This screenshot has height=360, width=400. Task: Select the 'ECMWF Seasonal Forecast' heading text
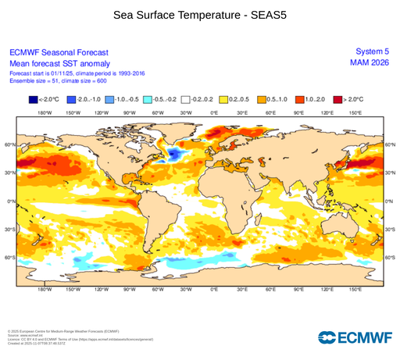point(59,52)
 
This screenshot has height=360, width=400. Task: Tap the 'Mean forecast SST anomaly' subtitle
point(59,63)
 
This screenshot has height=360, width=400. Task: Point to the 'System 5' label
point(372,52)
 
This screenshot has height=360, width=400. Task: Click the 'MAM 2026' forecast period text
point(370,63)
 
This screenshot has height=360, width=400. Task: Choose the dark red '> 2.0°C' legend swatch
point(338,100)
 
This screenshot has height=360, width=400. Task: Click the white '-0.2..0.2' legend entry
point(187,100)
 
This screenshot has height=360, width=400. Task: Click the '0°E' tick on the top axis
point(214,113)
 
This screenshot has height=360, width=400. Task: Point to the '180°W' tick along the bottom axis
point(45,289)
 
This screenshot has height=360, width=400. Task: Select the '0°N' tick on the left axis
point(12,201)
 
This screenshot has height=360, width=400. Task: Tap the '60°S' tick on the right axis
point(390,257)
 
